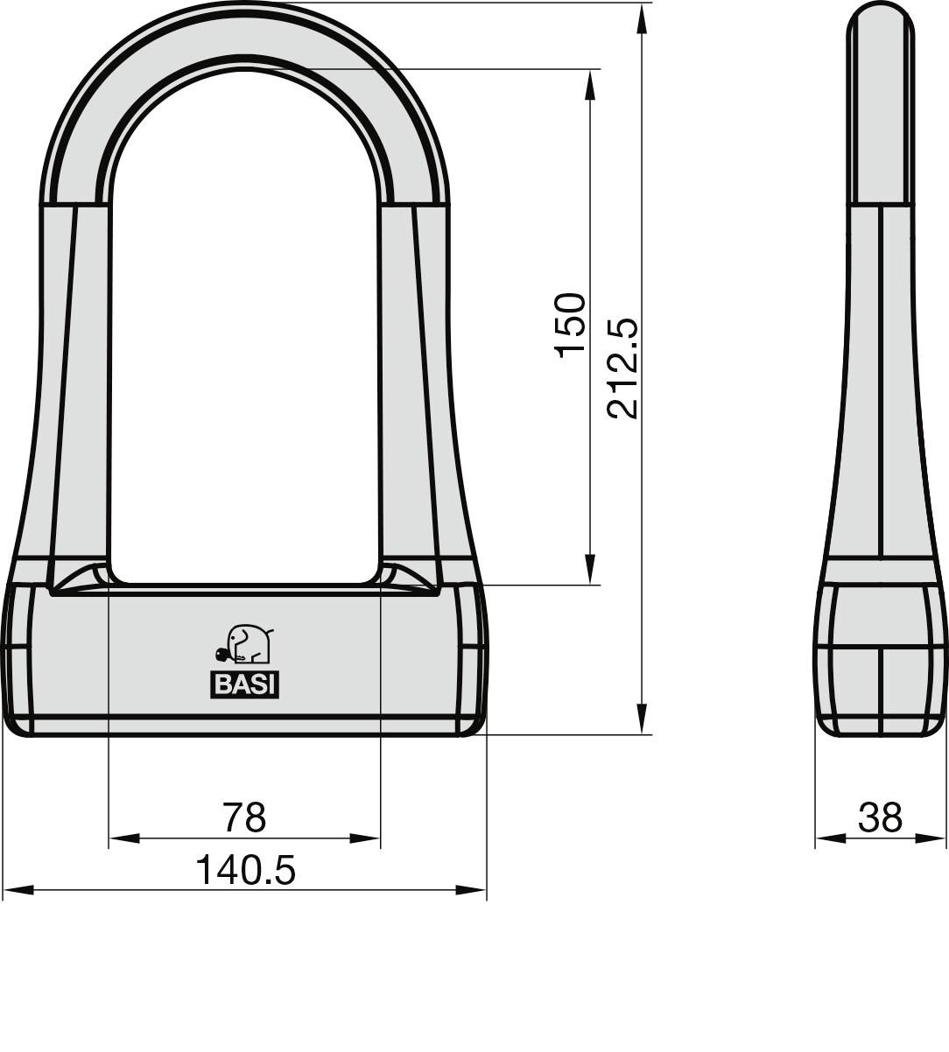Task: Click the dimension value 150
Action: click(571, 324)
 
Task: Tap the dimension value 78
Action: click(243, 817)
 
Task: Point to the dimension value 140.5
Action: click(245, 870)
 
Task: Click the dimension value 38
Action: click(880, 817)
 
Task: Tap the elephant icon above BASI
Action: click(247, 645)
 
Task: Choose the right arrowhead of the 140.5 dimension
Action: click(471, 890)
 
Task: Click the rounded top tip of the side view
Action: click(881, 11)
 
